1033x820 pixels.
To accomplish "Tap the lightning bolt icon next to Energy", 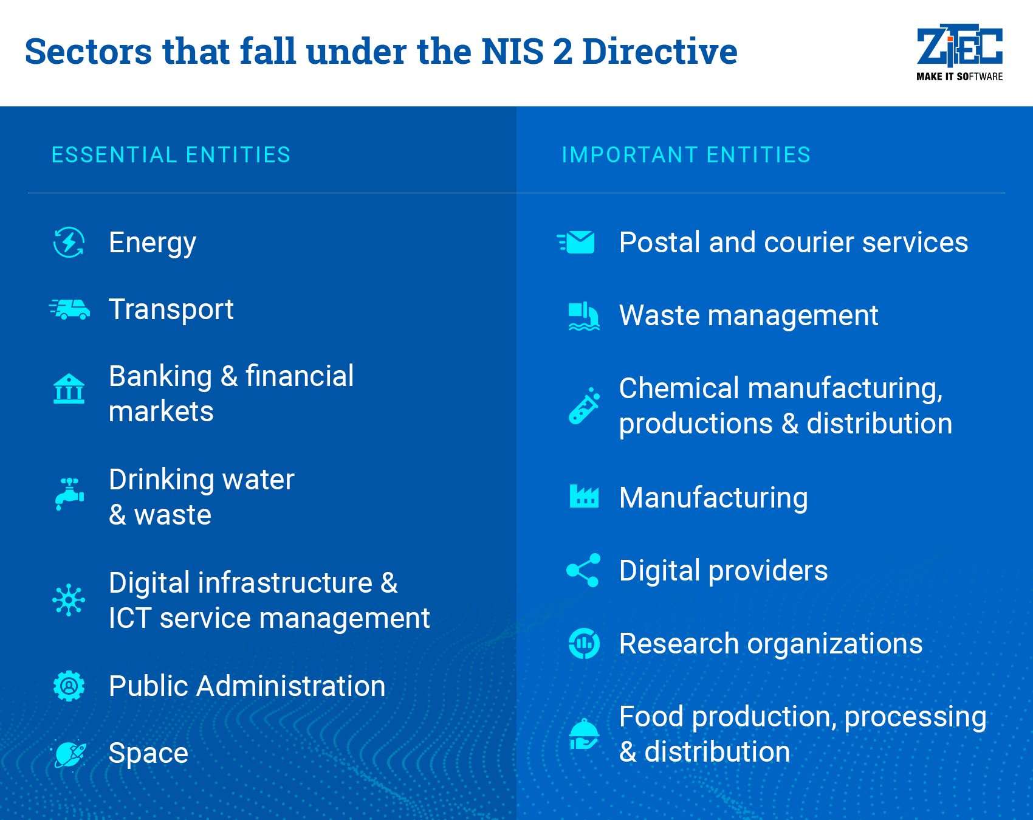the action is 69,243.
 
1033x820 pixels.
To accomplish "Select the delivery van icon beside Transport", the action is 70,309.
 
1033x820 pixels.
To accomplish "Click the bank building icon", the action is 69,388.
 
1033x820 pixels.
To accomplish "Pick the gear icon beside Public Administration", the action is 69,686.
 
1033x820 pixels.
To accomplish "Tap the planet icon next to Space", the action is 69,754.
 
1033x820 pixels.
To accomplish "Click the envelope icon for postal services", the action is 576,243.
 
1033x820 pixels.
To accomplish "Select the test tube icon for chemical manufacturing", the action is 584,405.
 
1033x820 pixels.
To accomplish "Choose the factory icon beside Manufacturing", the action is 584,497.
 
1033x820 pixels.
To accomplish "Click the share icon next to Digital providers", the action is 583,570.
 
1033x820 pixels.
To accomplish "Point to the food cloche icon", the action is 584,734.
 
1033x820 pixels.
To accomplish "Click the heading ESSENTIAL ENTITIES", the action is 171,155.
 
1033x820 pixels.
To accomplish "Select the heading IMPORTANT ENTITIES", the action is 686,155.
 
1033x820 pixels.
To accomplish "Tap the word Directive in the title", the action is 660,51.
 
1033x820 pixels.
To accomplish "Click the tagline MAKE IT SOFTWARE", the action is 959,77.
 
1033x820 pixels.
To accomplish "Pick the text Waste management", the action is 749,316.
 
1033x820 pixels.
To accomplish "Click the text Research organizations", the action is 771,644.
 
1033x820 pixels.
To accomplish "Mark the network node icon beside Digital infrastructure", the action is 69,601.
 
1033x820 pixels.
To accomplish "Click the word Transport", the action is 171,310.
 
